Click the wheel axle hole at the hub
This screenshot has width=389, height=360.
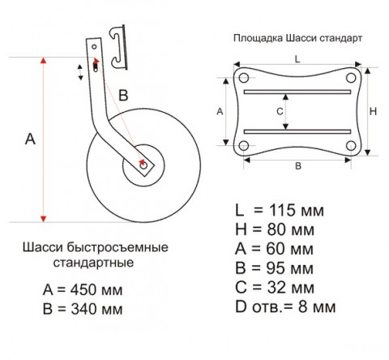(143, 165)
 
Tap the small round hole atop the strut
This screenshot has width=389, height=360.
(94, 47)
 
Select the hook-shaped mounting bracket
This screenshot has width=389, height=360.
(118, 47)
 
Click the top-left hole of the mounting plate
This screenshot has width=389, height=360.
(243, 78)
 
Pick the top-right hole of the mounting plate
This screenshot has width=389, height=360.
(351, 78)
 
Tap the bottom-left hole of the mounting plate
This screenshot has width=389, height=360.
(244, 146)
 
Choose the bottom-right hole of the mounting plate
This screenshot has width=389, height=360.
(351, 146)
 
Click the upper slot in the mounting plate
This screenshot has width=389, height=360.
(297, 92)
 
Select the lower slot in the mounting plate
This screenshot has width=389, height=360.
(297, 131)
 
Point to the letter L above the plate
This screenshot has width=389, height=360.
(297, 59)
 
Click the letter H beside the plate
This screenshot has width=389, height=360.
(373, 111)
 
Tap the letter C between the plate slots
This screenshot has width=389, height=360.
(280, 111)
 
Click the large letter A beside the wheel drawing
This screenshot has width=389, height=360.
(30, 139)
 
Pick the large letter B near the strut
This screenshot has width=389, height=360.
(123, 95)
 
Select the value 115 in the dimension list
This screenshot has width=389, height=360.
(282, 210)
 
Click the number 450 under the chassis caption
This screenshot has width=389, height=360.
(83, 289)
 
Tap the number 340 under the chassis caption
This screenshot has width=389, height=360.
(83, 309)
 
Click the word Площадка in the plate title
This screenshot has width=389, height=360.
(259, 38)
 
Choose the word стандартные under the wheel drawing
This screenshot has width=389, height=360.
(93, 263)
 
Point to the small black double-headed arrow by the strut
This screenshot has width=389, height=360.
(80, 72)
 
